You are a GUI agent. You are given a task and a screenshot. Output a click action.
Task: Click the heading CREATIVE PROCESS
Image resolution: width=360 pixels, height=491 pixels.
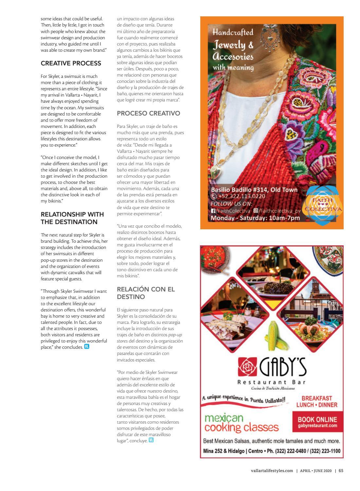[x=71, y=63]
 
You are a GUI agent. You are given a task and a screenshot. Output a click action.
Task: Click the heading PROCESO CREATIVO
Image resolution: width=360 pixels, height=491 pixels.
[x=148, y=114]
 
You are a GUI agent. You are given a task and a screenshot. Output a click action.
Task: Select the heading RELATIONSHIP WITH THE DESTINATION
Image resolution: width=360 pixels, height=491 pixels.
[x=72, y=218]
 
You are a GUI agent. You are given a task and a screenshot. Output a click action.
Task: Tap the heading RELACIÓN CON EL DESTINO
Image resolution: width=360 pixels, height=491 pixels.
[x=146, y=293]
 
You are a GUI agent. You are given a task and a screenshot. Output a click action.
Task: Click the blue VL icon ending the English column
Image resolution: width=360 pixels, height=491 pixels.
[x=87, y=347]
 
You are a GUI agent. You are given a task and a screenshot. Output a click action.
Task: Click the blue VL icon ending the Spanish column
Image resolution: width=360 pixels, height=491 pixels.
[x=151, y=440]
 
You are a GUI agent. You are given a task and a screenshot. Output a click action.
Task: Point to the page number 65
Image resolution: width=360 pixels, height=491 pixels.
[x=341, y=471]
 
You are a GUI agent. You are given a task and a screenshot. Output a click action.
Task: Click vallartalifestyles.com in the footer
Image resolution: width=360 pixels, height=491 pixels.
[x=270, y=471]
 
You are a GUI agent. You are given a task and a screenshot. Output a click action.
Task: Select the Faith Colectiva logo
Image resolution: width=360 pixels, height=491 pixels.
[x=323, y=205]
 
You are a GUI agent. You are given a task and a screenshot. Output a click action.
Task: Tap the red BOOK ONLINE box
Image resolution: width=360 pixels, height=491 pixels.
[x=317, y=422]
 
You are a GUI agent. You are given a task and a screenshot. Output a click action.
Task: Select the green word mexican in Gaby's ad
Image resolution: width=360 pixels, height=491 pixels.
[x=224, y=418]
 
